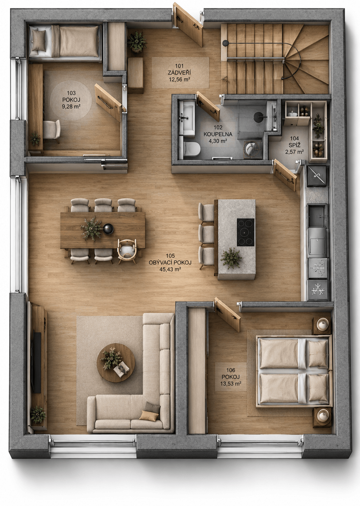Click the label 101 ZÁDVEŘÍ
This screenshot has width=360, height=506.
point(179,69)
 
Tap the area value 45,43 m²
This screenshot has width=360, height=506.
point(170,269)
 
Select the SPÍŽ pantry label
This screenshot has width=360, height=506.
point(294,145)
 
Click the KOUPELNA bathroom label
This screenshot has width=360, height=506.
point(218,134)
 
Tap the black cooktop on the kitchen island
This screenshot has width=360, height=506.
point(245,232)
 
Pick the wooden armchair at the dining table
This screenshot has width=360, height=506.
point(127,251)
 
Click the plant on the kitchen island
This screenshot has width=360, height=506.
point(231,258)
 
